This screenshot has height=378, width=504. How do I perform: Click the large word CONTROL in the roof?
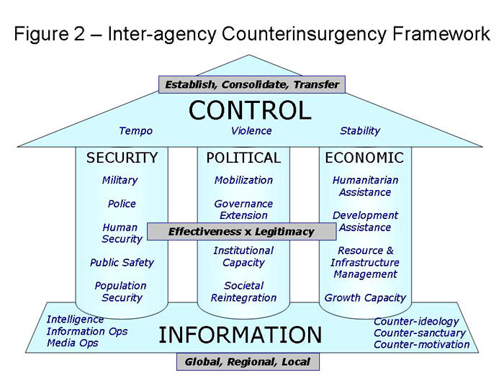[x=250, y=110]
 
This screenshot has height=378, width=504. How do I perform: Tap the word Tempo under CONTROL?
[x=135, y=131]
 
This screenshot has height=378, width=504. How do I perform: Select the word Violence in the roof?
[x=251, y=131]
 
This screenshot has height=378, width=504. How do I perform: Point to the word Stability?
[x=360, y=131]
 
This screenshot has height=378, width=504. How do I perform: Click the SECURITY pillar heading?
[x=122, y=158]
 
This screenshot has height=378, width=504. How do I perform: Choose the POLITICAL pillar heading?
[x=243, y=158]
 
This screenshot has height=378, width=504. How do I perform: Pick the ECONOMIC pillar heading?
[x=364, y=158]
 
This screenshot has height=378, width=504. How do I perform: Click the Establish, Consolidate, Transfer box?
[x=252, y=84]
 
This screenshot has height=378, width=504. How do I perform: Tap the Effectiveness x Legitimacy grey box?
[x=242, y=231]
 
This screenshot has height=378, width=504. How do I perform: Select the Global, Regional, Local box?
[x=248, y=362]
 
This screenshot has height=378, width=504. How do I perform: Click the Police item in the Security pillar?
[x=122, y=204]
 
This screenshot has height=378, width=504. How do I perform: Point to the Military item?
[x=120, y=180]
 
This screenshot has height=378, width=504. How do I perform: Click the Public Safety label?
[x=122, y=263]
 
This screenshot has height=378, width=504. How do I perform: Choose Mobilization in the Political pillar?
[x=243, y=180]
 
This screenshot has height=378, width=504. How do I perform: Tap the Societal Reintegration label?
[x=243, y=292]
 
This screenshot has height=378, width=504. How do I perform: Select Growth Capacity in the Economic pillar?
[x=365, y=298]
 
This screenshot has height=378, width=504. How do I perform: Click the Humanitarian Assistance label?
[x=366, y=186]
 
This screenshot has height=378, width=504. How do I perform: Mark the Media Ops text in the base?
[x=73, y=343]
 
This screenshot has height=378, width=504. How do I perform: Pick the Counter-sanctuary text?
[x=420, y=333]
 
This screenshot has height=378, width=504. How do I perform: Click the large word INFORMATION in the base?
[x=240, y=335]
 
